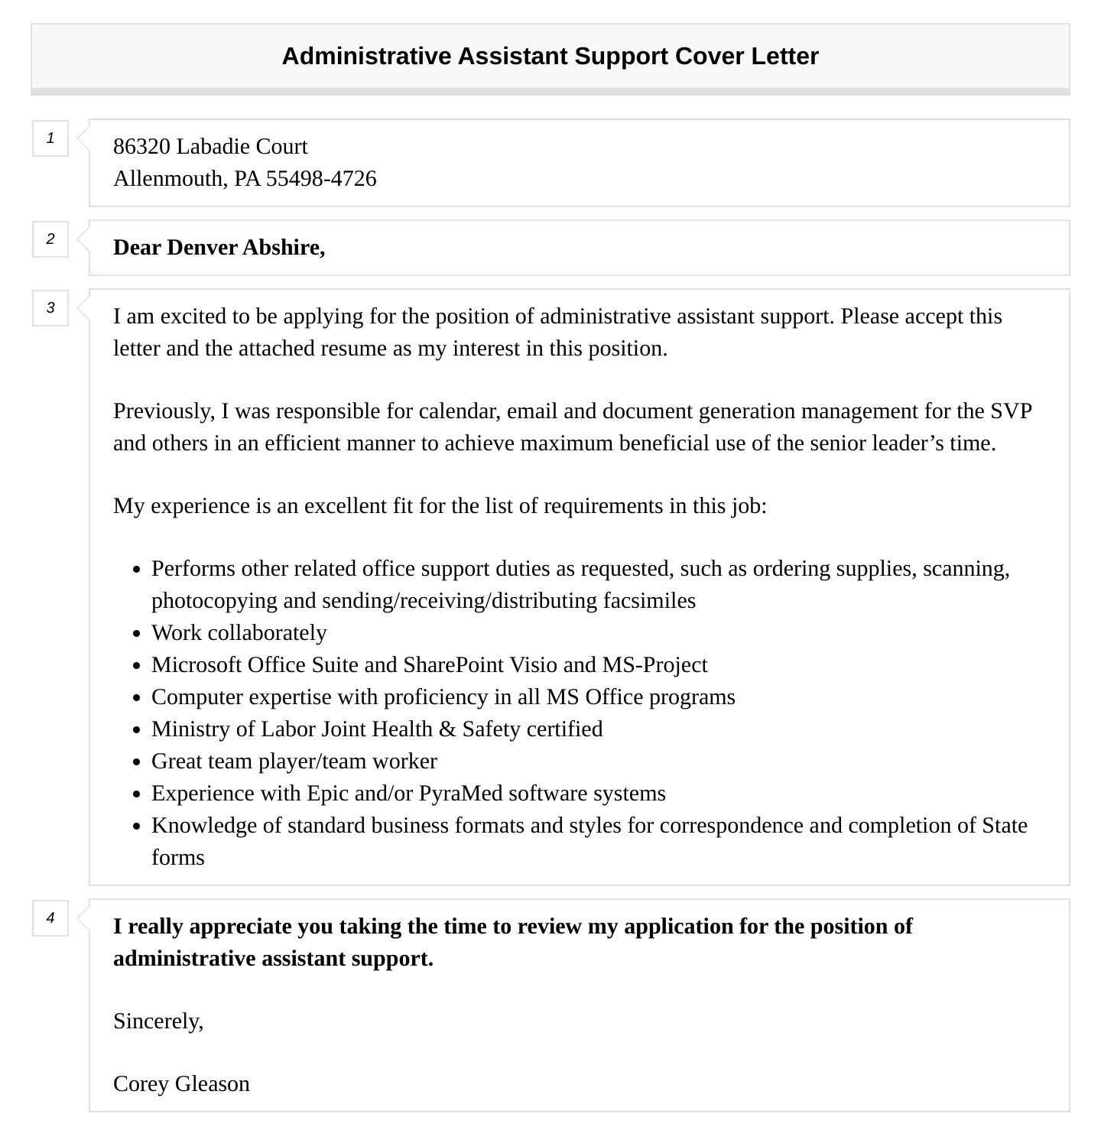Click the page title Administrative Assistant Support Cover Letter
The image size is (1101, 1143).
point(550,57)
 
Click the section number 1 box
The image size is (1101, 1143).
point(50,138)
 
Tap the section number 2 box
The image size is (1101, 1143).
point(50,239)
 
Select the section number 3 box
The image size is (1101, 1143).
point(50,308)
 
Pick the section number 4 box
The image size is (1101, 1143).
point(50,918)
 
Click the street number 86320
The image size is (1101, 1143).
point(141,147)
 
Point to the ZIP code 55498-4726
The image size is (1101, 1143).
point(321,179)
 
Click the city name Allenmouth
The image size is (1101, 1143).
point(169,179)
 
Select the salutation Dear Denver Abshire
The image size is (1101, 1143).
point(219,248)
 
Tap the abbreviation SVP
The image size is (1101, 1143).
point(1011,411)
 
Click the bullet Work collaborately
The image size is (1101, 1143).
point(239,633)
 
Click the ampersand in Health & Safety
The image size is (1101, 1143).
point(447,729)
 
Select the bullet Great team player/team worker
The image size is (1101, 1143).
point(294,761)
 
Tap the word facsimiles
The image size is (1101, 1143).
point(649,601)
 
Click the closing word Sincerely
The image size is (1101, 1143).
point(158,1021)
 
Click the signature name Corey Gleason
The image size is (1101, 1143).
point(181,1084)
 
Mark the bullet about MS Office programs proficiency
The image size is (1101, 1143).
point(443,697)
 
